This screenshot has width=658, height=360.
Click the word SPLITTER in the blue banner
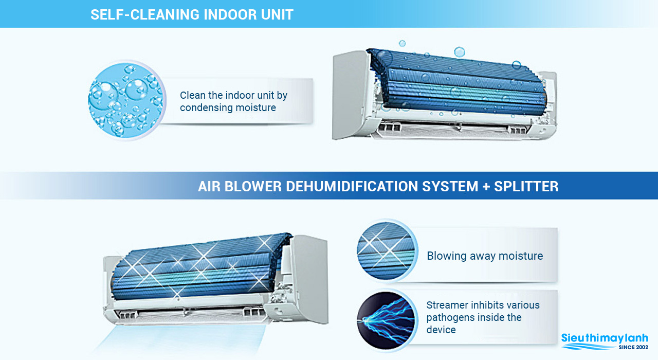point(526,186)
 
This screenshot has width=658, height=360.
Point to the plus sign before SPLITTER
point(486,187)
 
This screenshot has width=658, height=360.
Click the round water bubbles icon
point(126,100)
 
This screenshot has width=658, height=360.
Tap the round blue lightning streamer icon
point(386,320)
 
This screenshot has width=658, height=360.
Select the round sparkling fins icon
point(386,250)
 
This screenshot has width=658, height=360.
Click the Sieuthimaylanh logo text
point(605,338)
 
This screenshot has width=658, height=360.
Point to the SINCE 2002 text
point(633,347)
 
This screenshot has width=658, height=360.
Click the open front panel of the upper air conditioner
point(349,95)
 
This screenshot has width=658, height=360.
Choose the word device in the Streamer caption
point(441,330)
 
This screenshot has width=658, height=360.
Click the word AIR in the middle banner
point(209,186)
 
